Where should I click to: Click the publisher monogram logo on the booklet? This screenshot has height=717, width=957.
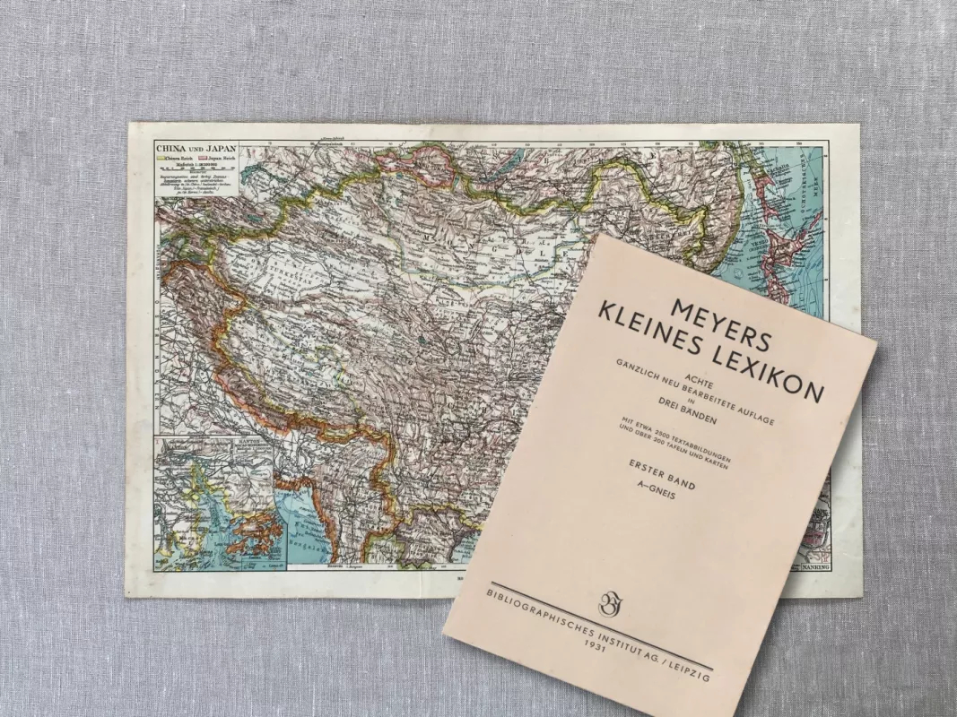612,604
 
